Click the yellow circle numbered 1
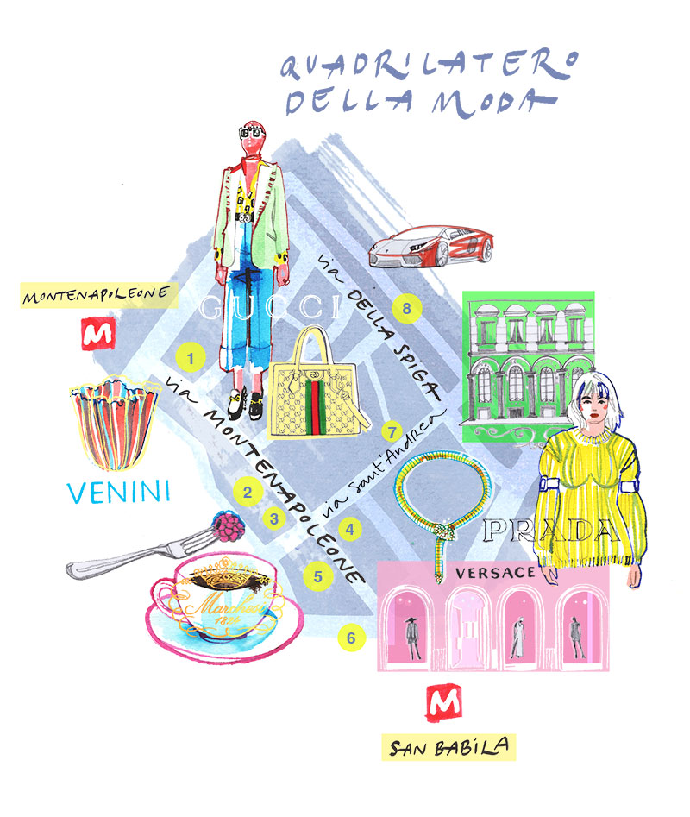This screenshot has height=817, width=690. click(190, 358)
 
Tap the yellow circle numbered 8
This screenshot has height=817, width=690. click(406, 309)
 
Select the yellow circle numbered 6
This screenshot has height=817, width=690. click(351, 638)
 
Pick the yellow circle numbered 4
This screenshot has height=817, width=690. click(350, 530)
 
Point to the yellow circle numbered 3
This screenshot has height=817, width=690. click(274, 518)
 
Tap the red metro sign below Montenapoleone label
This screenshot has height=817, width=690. click(97, 334)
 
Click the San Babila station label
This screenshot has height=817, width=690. click(448, 747)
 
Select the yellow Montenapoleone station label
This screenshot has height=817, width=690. click(99, 295)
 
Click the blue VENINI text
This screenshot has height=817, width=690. click(119, 492)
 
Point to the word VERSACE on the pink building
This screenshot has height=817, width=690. click(495, 573)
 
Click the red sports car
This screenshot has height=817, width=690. click(430, 246)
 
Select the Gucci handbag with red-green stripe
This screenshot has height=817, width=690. click(318, 384)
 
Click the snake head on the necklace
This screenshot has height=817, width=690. click(443, 533)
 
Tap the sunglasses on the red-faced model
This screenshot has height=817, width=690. click(253, 133)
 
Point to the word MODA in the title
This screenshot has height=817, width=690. click(492, 102)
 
